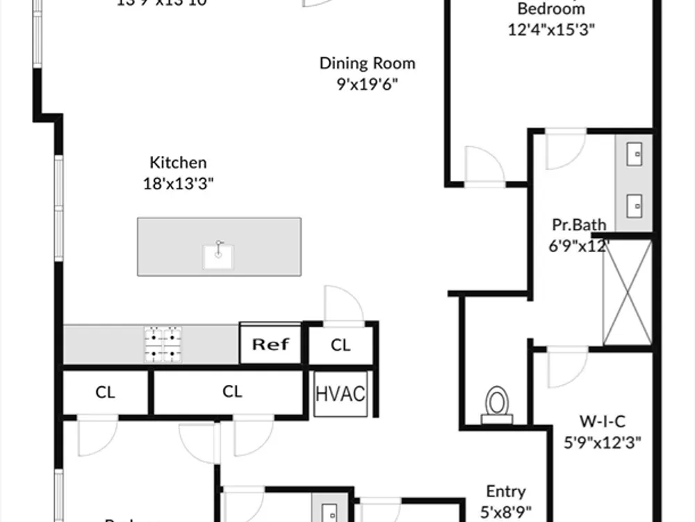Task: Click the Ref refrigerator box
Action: click(x=270, y=344)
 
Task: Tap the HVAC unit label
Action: click(x=341, y=394)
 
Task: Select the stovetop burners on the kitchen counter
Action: click(x=163, y=344)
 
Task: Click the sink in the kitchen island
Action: click(x=218, y=255)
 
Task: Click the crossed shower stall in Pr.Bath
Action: click(x=628, y=292)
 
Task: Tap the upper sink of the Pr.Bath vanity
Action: click(x=635, y=155)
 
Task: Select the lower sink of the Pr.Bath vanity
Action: click(x=635, y=205)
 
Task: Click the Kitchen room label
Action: click(x=178, y=163)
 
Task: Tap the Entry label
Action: click(x=505, y=491)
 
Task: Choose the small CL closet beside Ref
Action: click(x=341, y=345)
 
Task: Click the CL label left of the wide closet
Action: click(x=105, y=392)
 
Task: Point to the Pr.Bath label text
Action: click(x=578, y=225)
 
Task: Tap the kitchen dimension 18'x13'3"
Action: click(x=178, y=184)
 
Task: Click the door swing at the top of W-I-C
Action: click(x=567, y=367)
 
